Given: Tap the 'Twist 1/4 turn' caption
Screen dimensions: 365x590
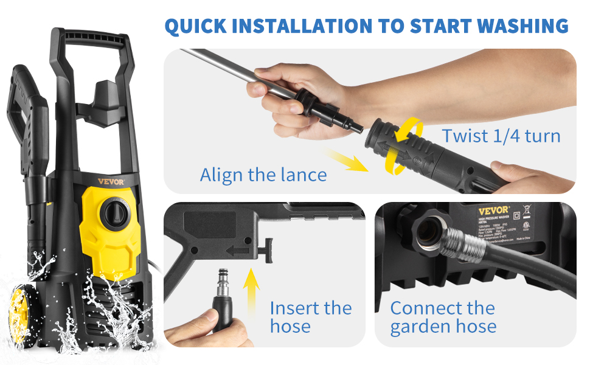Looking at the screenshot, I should (501, 135).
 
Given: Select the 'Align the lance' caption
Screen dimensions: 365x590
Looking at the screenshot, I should (263, 175).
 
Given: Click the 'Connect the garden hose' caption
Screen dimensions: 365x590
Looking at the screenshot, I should (443, 317).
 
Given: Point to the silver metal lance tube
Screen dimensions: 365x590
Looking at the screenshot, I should (225, 67).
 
